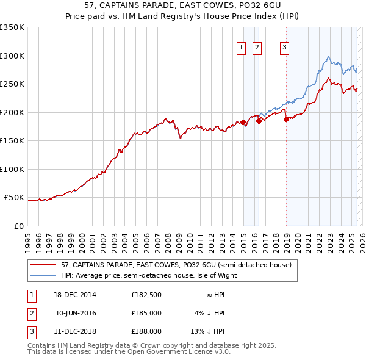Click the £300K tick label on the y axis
coord(12,56)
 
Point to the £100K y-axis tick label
coord(12,169)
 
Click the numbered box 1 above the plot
coord(241,47)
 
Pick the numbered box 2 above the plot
coord(257,47)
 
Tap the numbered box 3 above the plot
coord(285,47)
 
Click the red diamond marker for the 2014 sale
coord(243,123)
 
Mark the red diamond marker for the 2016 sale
coord(259,121)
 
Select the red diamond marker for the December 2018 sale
coord(286,119)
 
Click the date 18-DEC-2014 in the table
coord(75,295)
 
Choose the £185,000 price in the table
coord(146,313)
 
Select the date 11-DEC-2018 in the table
coord(75,331)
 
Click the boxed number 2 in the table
coord(31,313)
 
